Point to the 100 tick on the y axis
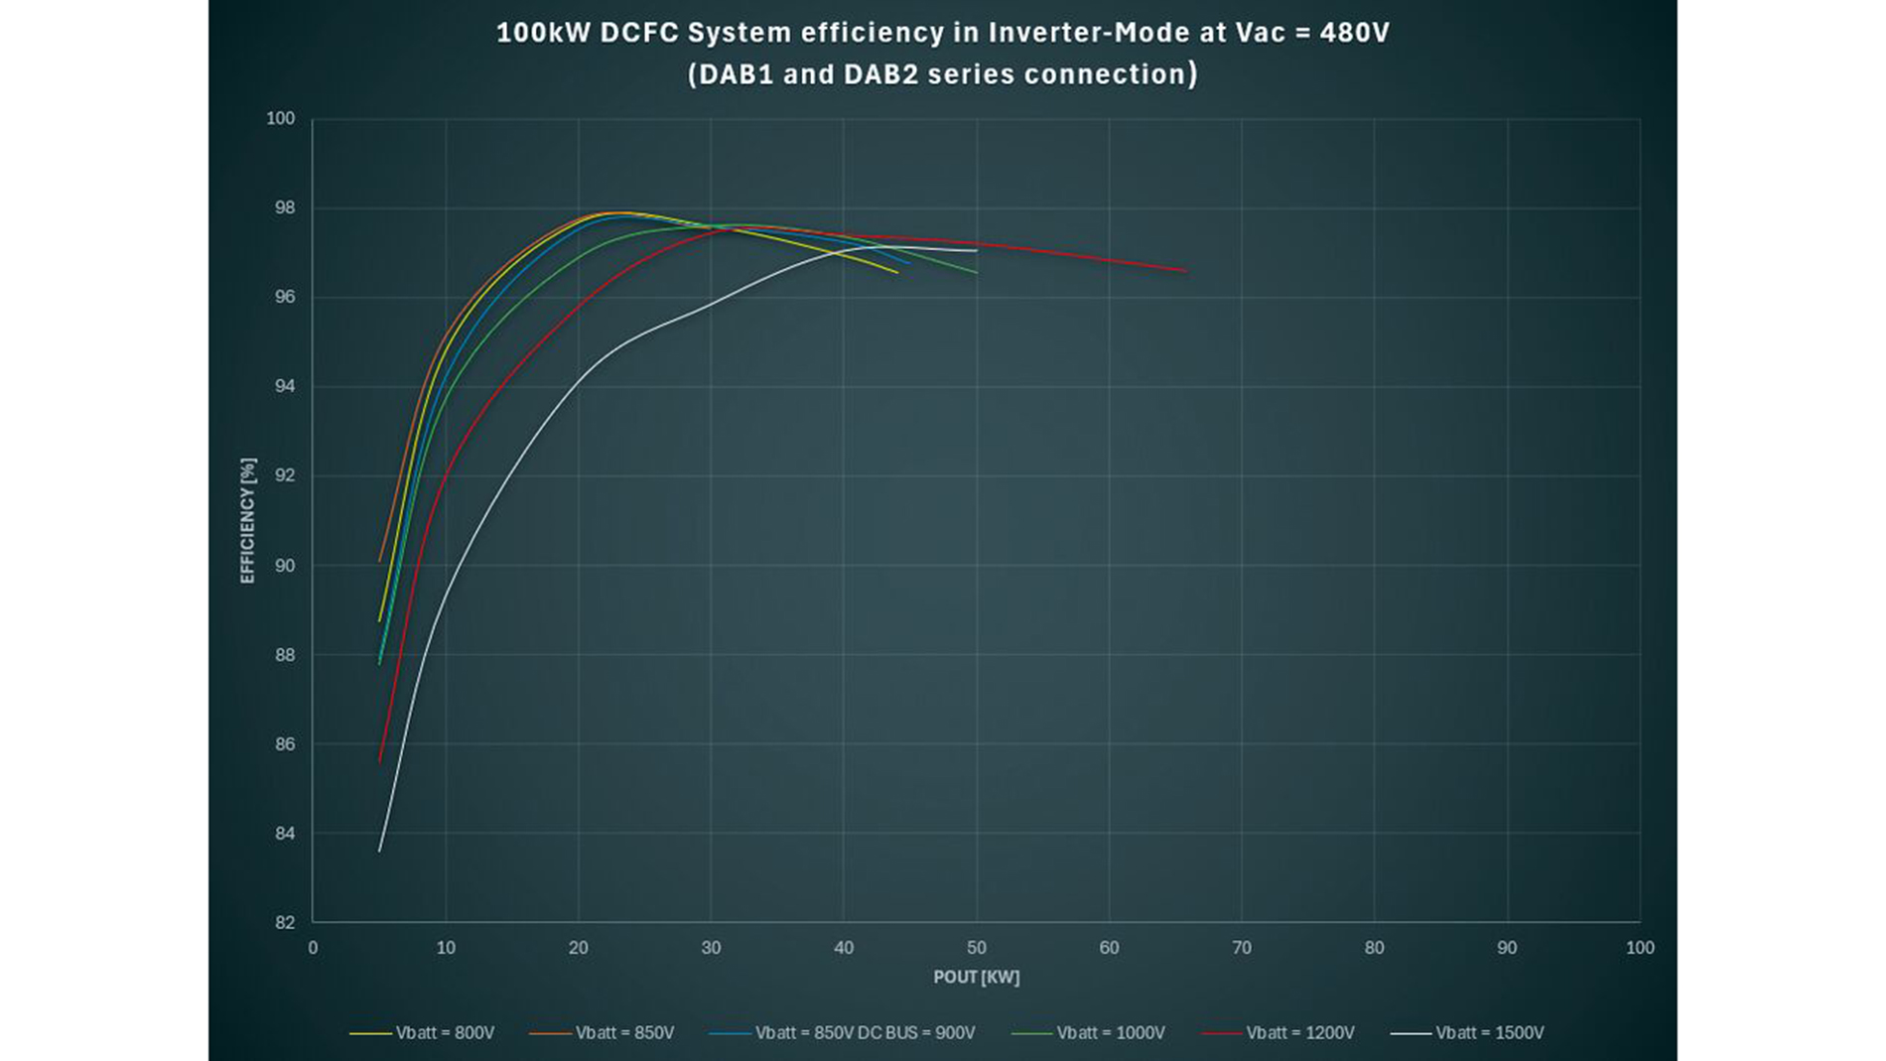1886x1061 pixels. coord(280,118)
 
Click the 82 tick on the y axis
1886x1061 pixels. coord(284,922)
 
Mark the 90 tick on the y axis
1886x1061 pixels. coord(284,566)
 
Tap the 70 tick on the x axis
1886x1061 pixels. coord(1241,948)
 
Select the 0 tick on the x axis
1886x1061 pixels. coord(313,948)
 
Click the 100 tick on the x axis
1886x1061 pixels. coord(1639,948)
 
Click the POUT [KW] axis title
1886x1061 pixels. coord(976,977)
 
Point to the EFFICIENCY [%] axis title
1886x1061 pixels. coord(247,520)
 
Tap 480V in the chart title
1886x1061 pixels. coord(1354,33)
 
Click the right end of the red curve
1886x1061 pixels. coord(1185,270)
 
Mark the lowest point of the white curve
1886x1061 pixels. coord(379,851)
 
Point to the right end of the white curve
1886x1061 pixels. coord(977,250)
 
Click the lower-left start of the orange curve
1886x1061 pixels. coord(379,561)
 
